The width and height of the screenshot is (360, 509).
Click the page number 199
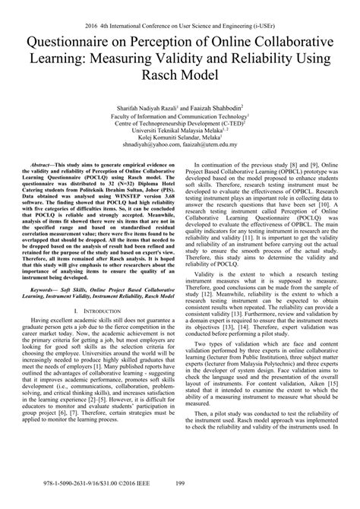click(180, 501)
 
